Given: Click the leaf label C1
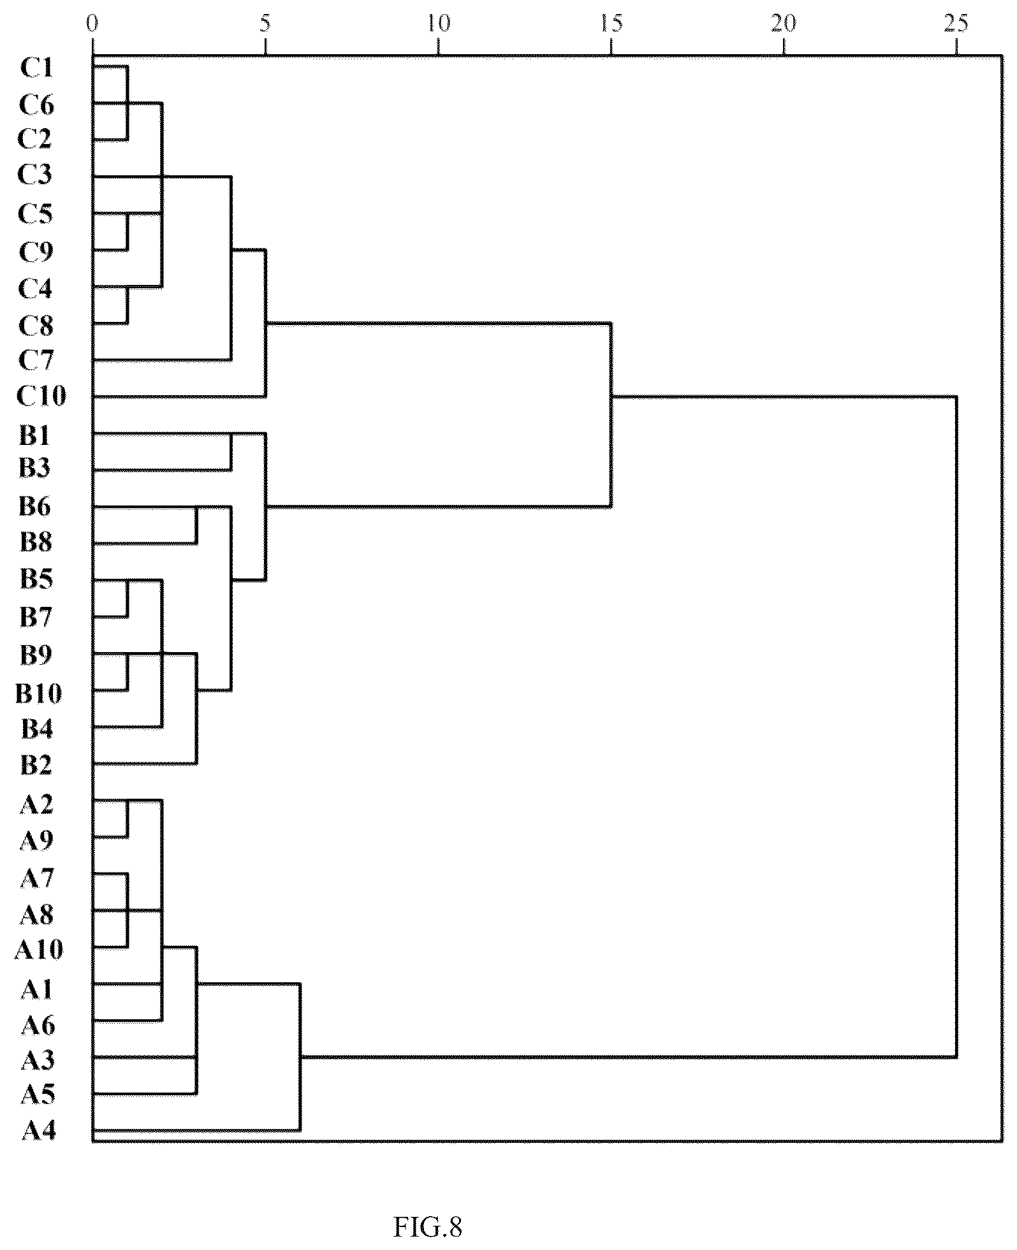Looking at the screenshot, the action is tap(36, 68).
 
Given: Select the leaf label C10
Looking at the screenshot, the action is tap(41, 396).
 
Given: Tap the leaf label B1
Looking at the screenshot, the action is tap(36, 436).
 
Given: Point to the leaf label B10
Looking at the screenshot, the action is tap(39, 692).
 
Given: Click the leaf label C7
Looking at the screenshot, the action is tap(36, 360).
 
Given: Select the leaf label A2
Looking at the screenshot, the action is tap(36, 804).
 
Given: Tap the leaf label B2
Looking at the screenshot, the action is tap(36, 765).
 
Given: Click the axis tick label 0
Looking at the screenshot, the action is tap(93, 24).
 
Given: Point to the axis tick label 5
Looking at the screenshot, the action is tap(265, 24).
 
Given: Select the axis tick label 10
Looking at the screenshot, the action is tap(438, 24).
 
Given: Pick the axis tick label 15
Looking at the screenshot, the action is tap(611, 24).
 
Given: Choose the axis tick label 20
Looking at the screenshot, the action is tap(784, 24).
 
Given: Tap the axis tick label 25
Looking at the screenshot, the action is tap(956, 24).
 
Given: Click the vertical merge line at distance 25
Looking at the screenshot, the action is tap(956, 726).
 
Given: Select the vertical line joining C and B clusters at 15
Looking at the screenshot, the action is tap(611, 416).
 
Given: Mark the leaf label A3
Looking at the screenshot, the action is tap(38, 1060).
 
